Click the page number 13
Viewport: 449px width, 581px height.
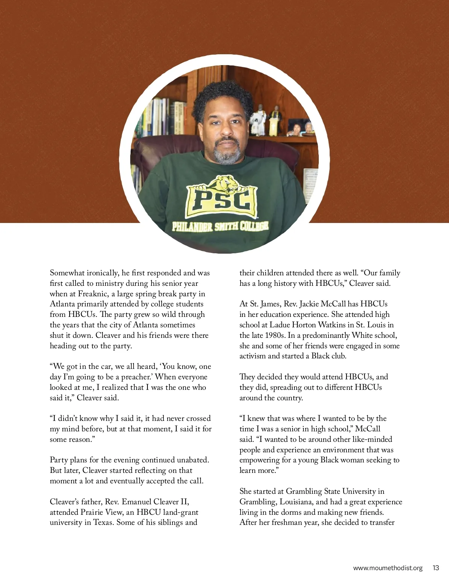pyautogui.click(x=436, y=568)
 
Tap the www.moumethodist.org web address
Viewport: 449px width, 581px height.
pyautogui.click(x=388, y=568)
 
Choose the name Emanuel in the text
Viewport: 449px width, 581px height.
pyautogui.click(x=140, y=502)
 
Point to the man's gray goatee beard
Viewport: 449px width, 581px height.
pyautogui.click(x=227, y=153)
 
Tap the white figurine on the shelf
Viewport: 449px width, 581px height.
pyautogui.click(x=258, y=121)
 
